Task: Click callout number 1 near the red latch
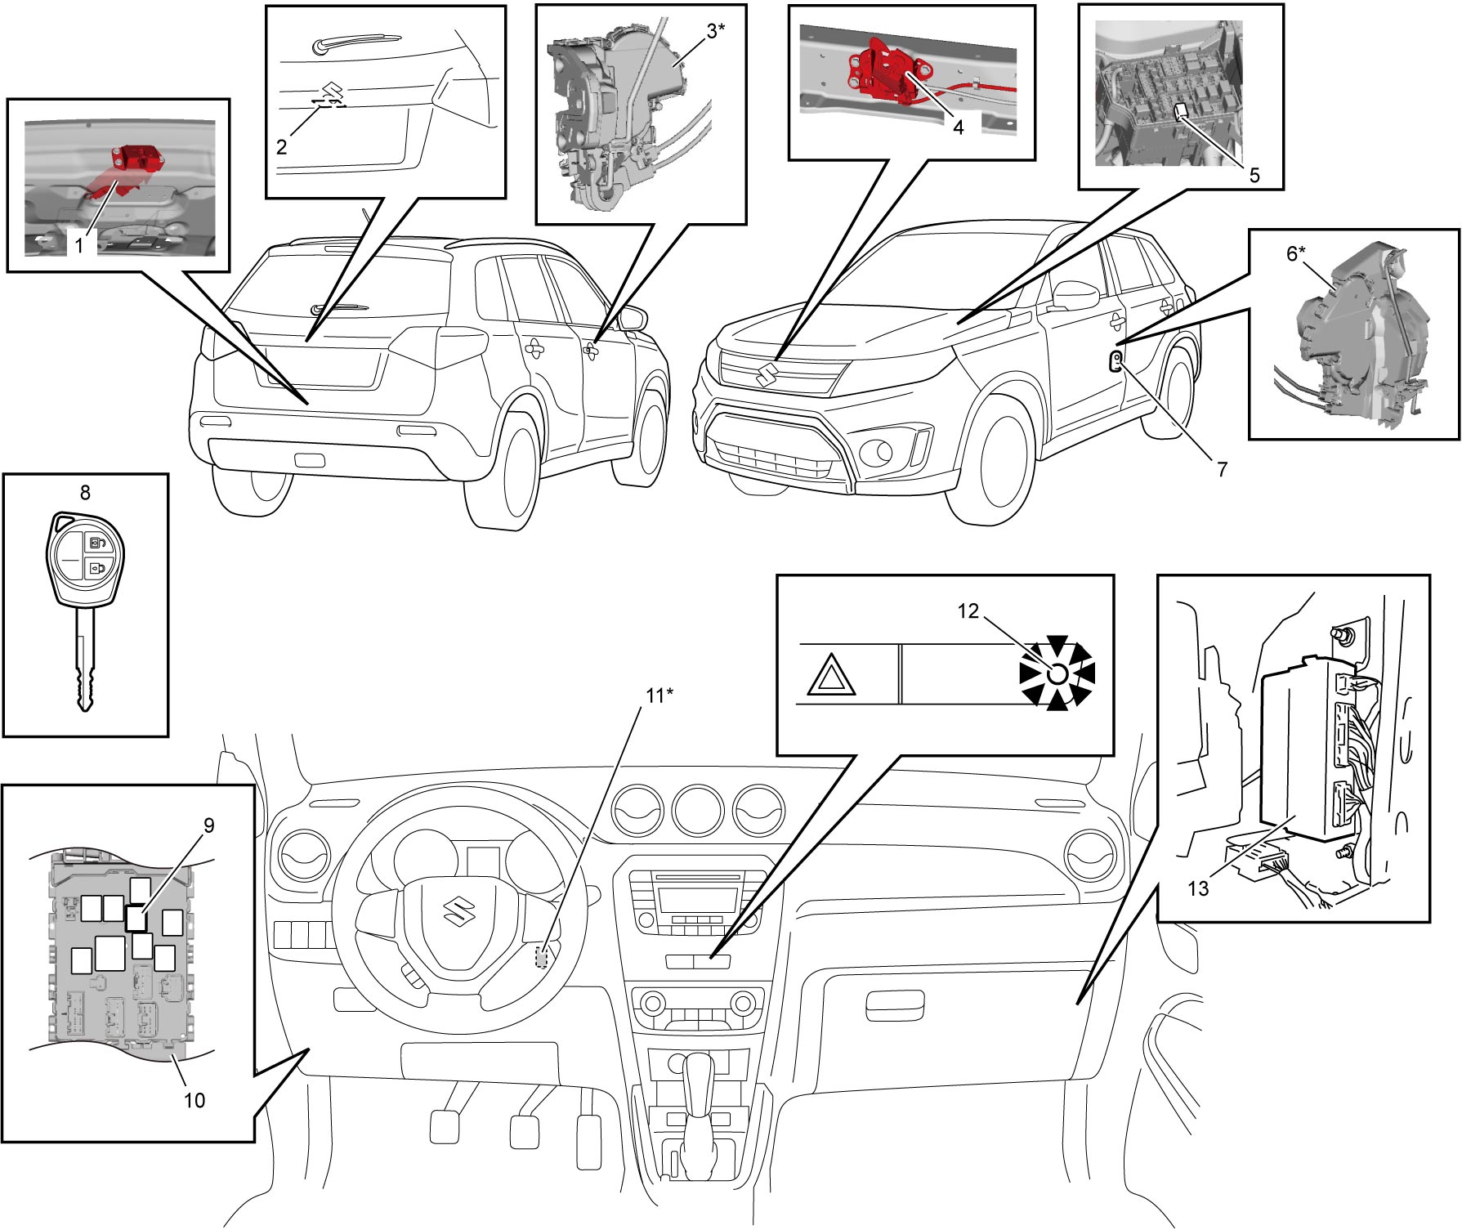(x=79, y=244)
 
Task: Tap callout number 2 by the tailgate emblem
(x=282, y=147)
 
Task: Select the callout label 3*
(x=716, y=31)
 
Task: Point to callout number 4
(x=959, y=127)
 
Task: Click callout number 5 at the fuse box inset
(x=1254, y=175)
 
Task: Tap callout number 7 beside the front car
(x=1222, y=469)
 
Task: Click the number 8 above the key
(x=85, y=492)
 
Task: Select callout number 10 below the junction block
(x=194, y=1100)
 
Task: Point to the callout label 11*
(x=659, y=696)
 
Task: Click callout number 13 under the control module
(x=1198, y=888)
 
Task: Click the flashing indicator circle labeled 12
(x=1056, y=673)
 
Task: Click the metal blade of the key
(x=86, y=663)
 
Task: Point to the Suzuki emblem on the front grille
(x=767, y=375)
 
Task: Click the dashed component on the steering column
(x=541, y=956)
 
